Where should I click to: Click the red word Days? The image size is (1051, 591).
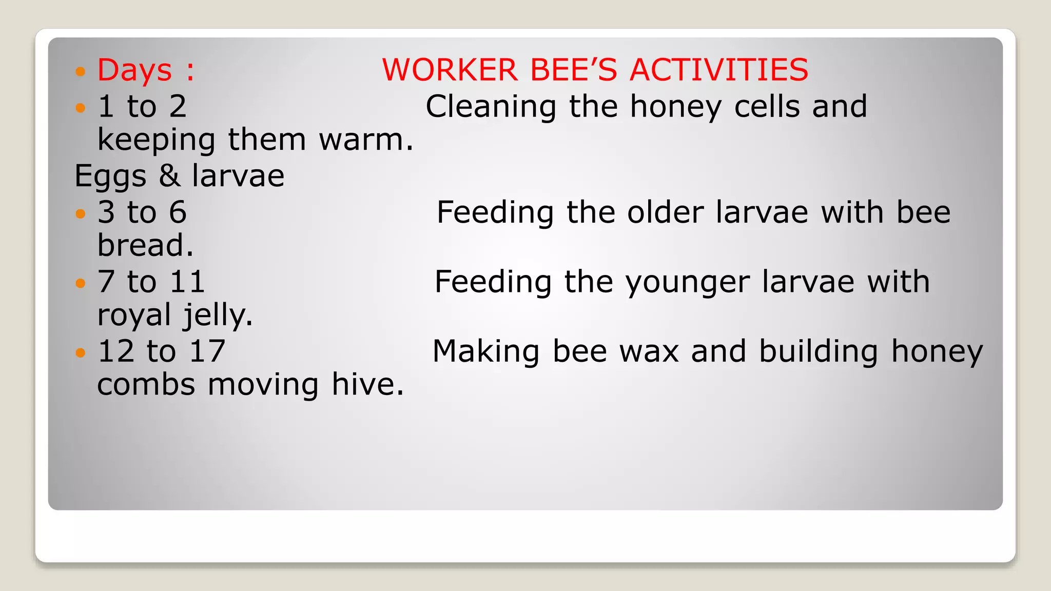coord(134,70)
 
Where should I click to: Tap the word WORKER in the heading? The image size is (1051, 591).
coord(450,70)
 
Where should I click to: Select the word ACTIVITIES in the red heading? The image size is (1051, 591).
coord(718,70)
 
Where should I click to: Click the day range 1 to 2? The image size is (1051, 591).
coord(142,107)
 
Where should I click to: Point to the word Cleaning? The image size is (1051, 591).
coord(491,107)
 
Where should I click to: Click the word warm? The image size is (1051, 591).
coord(365,140)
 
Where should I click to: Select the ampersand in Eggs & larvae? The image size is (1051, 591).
coord(169,176)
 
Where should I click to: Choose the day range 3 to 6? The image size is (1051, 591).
coord(142,212)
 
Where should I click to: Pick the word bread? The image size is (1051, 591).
coord(145,245)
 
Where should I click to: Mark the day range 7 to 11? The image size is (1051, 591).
coord(151,282)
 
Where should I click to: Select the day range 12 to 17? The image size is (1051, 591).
coord(162,351)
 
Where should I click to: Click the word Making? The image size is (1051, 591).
coord(485,352)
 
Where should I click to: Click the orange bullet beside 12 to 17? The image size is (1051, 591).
coord(80,352)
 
